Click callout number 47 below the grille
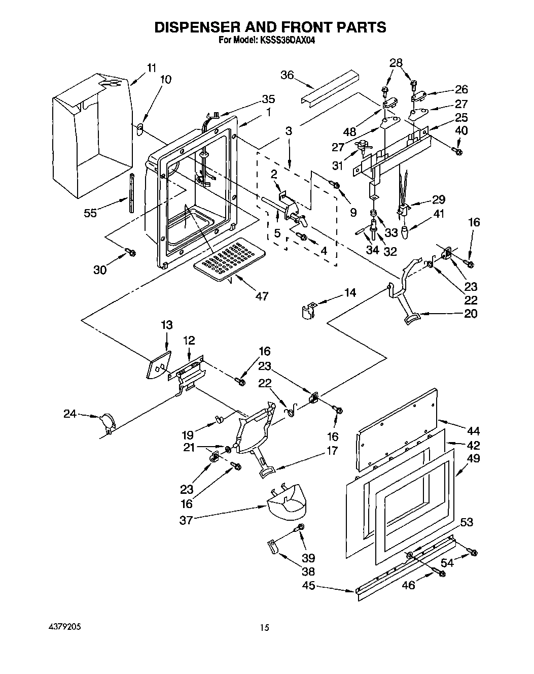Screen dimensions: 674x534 pyautogui.click(x=262, y=296)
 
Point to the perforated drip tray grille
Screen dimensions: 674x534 pyautogui.click(x=226, y=259)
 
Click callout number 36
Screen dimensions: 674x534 pyautogui.click(x=287, y=75)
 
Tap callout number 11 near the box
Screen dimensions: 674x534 pyautogui.click(x=152, y=68)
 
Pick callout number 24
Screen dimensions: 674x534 pyautogui.click(x=69, y=414)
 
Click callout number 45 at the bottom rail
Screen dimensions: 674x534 pyautogui.click(x=308, y=586)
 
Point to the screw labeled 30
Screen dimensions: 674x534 pyautogui.click(x=131, y=252)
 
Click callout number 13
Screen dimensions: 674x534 pyautogui.click(x=167, y=325)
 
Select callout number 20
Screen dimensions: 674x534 pyautogui.click(x=470, y=314)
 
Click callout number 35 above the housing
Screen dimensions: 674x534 pyautogui.click(x=268, y=99)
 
